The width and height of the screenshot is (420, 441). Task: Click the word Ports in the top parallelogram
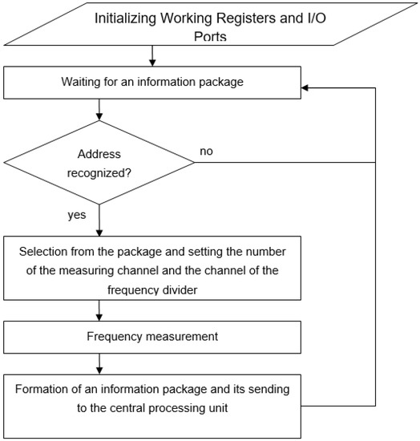[x=210, y=36]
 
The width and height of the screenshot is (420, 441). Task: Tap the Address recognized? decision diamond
[x=99, y=162]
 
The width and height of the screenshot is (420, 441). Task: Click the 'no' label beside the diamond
[x=206, y=150]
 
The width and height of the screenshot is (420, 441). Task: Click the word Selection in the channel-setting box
[x=43, y=249]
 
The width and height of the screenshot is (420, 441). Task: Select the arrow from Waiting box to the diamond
[x=99, y=109]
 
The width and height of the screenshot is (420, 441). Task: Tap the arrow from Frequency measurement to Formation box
[x=99, y=363]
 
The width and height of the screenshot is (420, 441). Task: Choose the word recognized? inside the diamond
[x=99, y=172]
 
